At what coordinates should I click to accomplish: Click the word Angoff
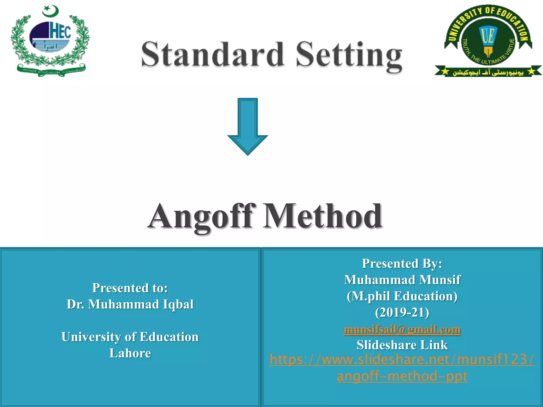coord(202,216)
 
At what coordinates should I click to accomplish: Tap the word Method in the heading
coord(322,216)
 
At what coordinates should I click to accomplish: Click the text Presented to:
coord(130,288)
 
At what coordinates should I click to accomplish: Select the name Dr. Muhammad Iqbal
coord(130,304)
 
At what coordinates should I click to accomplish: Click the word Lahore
coord(130,353)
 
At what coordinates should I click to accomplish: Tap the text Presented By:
coord(402,264)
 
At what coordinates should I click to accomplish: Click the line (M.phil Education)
coord(402,296)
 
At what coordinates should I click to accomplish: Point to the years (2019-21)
coord(402,313)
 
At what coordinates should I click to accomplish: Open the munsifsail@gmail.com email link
coord(402,329)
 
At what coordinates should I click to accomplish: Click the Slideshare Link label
coord(402,345)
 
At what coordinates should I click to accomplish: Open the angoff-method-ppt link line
coord(402,376)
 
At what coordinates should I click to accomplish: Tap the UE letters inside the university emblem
coord(488,36)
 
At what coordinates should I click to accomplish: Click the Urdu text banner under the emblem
coord(488,72)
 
